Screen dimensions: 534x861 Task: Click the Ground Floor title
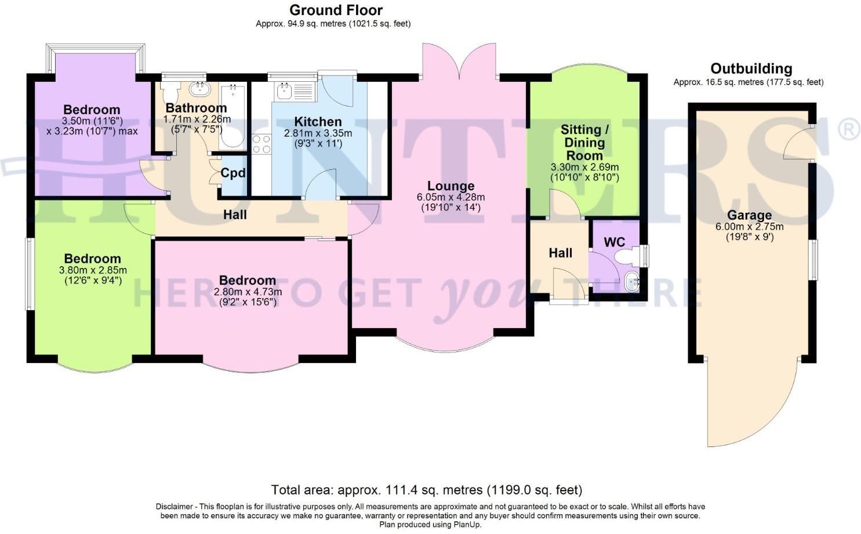tap(336, 10)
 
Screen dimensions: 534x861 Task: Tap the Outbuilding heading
tap(751, 69)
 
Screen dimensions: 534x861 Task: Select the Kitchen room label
tap(317, 122)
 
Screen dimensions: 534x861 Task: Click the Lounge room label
tap(451, 186)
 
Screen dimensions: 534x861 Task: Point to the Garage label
tap(749, 215)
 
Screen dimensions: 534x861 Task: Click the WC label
tap(614, 242)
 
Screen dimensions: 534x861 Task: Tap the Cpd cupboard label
tap(233, 173)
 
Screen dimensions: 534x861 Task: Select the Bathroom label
tap(196, 108)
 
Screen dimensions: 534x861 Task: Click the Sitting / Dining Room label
tap(584, 143)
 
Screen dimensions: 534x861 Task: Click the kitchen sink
tap(284, 92)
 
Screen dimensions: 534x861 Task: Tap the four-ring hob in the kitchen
tap(261, 144)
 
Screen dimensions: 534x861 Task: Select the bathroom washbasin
tap(199, 89)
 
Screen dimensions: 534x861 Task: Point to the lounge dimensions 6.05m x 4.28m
tap(451, 197)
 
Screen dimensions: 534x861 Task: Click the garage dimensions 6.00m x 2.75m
tap(749, 227)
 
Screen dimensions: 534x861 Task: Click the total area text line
tap(426, 490)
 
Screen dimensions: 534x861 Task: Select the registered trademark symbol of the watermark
tap(848, 129)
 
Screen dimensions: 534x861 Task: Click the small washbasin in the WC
tap(631, 282)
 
